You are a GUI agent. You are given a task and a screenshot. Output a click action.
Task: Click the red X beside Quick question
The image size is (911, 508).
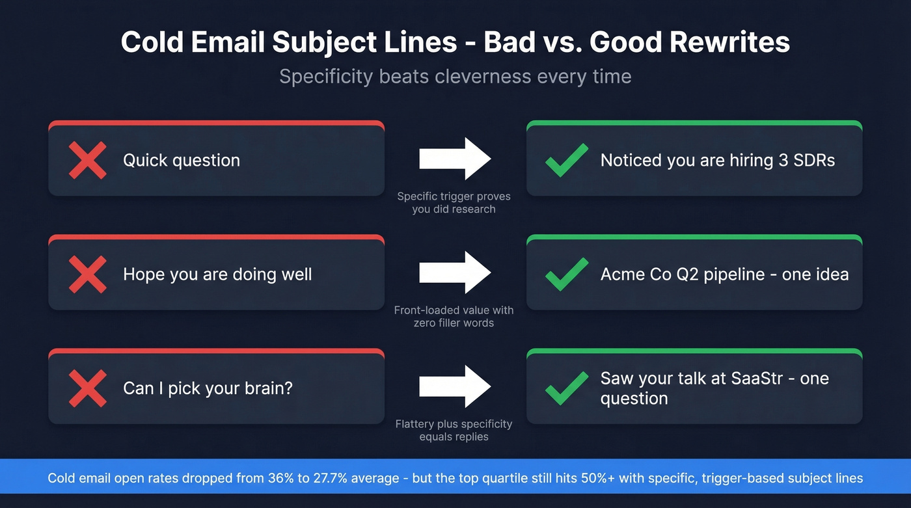point(87,160)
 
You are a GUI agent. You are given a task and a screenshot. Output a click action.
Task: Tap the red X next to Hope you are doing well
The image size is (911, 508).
point(87,274)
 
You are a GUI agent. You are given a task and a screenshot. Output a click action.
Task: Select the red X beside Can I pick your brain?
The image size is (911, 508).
point(87,388)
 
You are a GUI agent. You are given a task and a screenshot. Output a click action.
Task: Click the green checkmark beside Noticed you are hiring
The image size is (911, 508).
point(566,160)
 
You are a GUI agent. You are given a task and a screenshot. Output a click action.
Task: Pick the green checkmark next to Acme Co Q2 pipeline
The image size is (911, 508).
point(566,274)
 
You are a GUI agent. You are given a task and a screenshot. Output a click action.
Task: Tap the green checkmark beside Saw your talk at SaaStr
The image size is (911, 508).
point(566,388)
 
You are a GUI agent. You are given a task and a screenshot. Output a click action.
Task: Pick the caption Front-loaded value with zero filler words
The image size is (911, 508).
point(454,317)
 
